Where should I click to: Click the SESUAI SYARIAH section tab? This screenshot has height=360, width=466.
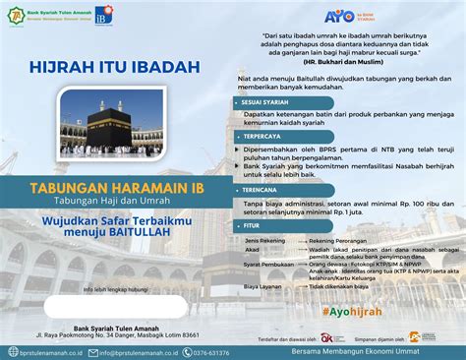point(258,101)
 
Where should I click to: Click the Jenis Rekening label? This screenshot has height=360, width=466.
point(264,240)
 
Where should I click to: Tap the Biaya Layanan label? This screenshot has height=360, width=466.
point(262,286)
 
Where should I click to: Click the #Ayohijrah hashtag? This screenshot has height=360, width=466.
point(350,311)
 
